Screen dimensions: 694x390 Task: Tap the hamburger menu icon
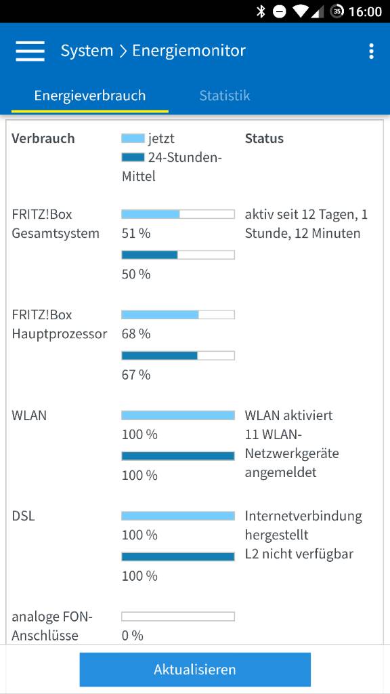(30, 51)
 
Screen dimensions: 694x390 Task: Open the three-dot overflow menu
(370, 52)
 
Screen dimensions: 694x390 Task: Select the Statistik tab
(225, 96)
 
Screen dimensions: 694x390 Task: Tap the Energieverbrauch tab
(90, 96)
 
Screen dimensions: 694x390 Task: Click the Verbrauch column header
(43, 138)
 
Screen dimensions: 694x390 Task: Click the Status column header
(264, 138)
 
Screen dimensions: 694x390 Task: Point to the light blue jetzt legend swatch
(133, 138)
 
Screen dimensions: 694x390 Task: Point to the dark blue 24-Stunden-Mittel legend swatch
(133, 157)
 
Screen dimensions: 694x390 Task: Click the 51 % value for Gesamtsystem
(136, 233)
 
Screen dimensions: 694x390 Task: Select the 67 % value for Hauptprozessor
(136, 374)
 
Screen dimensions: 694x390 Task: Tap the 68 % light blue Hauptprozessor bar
(160, 314)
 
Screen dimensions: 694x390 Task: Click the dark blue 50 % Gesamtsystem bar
(150, 255)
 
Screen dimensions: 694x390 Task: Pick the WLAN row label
(29, 415)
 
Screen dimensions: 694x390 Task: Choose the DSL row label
(23, 516)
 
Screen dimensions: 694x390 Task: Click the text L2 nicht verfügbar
(299, 554)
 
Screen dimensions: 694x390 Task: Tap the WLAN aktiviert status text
(289, 415)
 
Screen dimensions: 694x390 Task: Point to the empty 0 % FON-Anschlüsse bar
(178, 616)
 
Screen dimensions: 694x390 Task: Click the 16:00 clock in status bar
(365, 12)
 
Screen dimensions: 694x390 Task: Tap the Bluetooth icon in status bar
(261, 12)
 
